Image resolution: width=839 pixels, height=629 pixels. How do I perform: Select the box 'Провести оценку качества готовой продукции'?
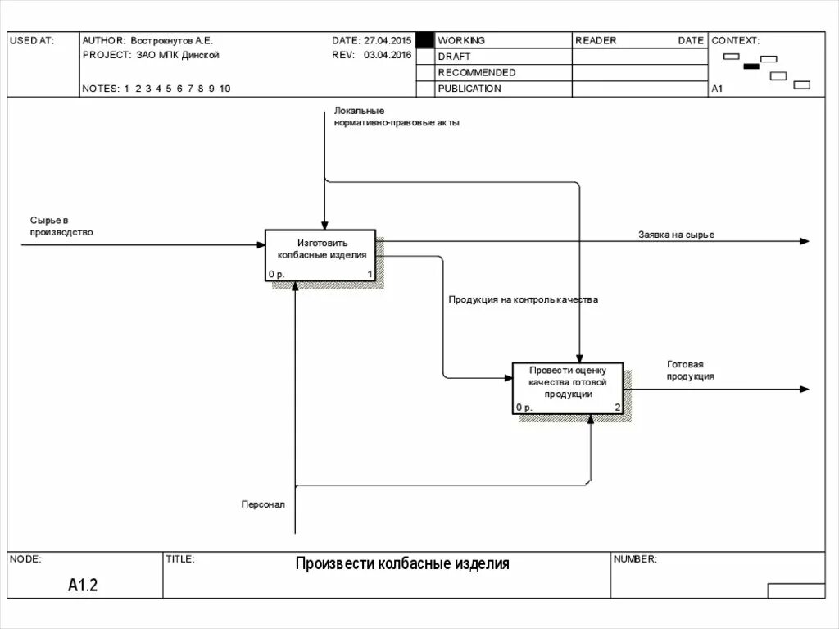(568, 387)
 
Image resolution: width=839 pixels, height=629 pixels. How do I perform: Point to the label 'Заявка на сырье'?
(677, 235)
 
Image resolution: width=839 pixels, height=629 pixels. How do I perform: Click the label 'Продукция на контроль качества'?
(523, 300)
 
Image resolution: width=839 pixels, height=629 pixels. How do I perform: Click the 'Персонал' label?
(263, 504)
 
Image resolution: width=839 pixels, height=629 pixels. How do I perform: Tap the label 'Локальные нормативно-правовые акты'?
(397, 116)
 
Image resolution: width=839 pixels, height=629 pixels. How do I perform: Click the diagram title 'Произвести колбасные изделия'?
(402, 563)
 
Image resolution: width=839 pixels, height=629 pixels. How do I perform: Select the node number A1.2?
(83, 586)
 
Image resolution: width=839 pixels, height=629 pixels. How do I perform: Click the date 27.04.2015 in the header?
(387, 40)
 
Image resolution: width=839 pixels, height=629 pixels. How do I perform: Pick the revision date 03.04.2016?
(387, 55)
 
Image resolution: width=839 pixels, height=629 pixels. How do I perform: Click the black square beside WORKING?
(424, 40)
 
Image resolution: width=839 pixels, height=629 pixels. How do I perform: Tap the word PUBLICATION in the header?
(469, 89)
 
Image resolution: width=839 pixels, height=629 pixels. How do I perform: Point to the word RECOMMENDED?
(476, 72)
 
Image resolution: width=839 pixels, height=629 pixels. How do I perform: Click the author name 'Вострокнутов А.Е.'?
(171, 40)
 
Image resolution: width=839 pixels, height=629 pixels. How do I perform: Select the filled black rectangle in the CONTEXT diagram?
(751, 66)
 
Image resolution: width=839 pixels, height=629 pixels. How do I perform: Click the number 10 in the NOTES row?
(225, 89)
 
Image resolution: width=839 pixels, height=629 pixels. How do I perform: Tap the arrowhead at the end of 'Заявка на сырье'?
(805, 241)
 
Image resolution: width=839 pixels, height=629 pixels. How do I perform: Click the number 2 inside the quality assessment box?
(617, 407)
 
